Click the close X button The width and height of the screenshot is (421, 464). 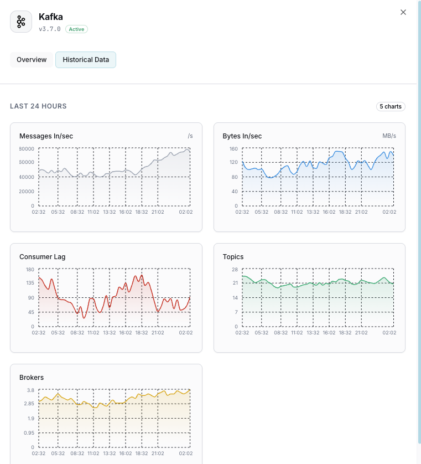pos(403,12)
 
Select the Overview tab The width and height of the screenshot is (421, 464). pos(32,60)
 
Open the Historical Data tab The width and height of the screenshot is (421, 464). pos(86,60)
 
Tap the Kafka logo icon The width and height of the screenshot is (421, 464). pos(21,22)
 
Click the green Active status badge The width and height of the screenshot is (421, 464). pos(76,29)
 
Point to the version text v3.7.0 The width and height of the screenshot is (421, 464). pos(50,29)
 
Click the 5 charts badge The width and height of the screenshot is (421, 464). pos(391,106)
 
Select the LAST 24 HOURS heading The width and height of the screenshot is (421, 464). pos(38,106)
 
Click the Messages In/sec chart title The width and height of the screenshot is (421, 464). pos(46,136)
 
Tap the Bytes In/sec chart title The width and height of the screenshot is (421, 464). pos(242,136)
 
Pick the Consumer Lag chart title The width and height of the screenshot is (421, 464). pos(42,257)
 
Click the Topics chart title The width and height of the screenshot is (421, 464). pos(233,257)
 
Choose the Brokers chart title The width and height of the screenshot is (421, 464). pos(32,378)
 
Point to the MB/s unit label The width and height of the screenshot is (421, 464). pos(389,136)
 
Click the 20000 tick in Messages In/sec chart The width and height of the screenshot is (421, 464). pos(27,192)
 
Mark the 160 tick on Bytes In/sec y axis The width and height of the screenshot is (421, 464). pos(233,149)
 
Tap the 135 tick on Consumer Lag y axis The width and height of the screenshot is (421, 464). pos(29,283)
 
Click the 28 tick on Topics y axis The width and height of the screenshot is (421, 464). pos(235,270)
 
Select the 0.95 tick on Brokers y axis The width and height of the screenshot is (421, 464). pos(29,433)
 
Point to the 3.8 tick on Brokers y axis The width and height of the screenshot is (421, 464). pos(30,390)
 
